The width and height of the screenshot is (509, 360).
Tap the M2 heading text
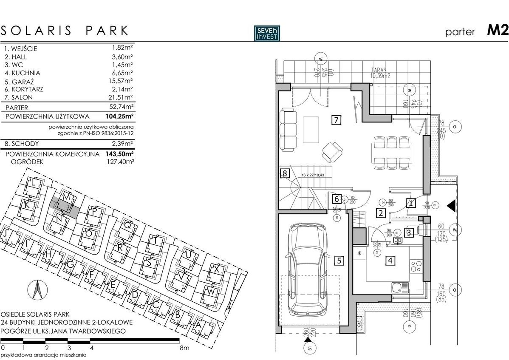[x=498, y=31]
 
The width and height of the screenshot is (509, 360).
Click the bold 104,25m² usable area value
[x=120, y=116]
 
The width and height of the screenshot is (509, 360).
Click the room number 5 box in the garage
[x=338, y=261]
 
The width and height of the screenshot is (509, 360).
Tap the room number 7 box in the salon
[x=336, y=120]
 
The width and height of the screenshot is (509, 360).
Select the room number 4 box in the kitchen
[x=390, y=261]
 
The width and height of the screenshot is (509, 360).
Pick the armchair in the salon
[x=331, y=150]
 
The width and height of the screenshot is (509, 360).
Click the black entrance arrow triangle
[x=452, y=205]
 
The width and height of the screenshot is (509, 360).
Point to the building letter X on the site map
[x=217, y=269]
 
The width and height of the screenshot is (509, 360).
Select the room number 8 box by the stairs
[x=285, y=173]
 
